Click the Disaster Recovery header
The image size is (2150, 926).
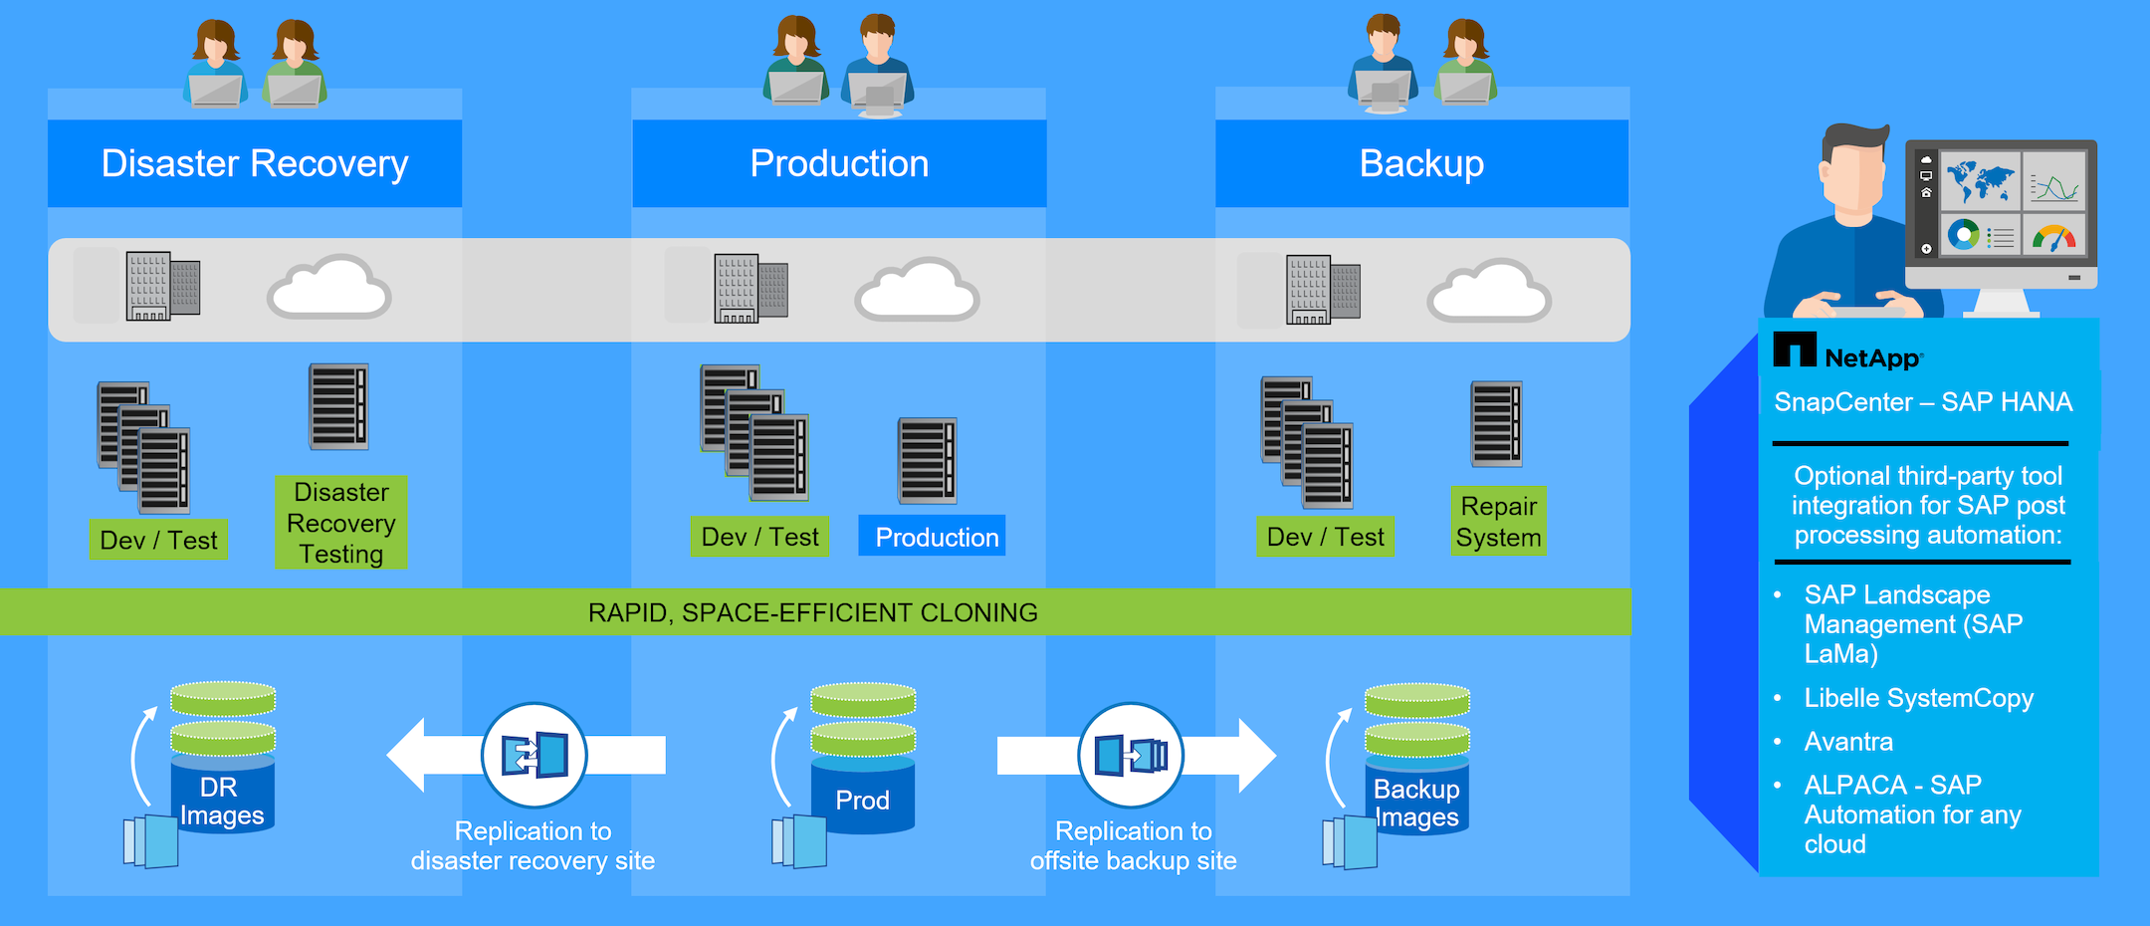[x=255, y=163]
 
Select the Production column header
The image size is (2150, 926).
[x=839, y=163]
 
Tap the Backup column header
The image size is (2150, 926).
[x=1421, y=163]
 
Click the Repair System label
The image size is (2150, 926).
[x=1498, y=521]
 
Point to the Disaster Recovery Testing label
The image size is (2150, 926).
[x=340, y=523]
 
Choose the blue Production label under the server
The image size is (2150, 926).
[x=936, y=537]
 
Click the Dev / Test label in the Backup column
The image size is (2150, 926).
[x=1325, y=537]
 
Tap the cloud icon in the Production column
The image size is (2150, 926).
[x=917, y=290]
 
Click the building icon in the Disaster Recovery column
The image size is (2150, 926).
[x=162, y=286]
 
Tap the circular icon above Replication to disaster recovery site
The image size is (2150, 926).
[x=535, y=755]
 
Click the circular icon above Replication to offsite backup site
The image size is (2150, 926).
[x=1131, y=755]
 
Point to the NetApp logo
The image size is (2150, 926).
[x=1847, y=352]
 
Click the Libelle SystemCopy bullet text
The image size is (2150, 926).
[x=1918, y=698]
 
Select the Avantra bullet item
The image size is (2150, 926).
[x=1848, y=742]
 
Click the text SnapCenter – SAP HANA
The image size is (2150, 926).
[x=1923, y=402]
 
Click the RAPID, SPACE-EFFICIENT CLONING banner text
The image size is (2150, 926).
[x=812, y=612]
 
